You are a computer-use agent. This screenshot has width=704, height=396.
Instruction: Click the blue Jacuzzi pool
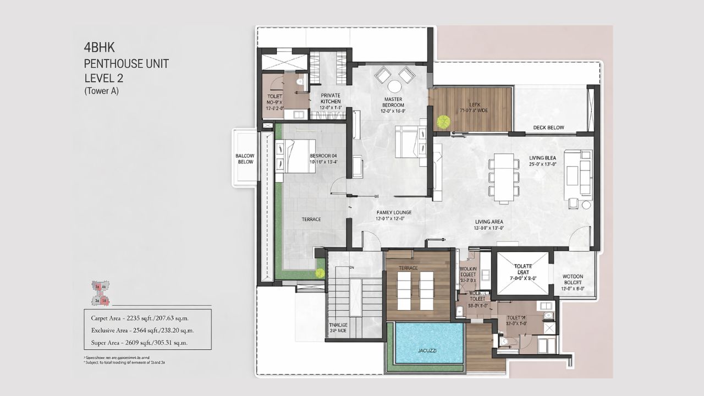coord(430,343)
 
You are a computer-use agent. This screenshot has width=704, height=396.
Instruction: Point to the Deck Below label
coord(548,128)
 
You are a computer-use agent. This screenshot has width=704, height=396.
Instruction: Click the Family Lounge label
coord(394,215)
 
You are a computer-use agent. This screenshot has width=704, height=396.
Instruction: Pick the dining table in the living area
coord(504,177)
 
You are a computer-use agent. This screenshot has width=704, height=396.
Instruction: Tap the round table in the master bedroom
coord(395,86)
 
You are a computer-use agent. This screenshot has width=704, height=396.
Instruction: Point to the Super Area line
coord(139,342)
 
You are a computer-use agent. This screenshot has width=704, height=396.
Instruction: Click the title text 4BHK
coord(100,48)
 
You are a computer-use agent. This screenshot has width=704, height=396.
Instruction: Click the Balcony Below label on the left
coord(245,159)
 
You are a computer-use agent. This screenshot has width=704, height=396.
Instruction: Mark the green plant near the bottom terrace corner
coord(320,273)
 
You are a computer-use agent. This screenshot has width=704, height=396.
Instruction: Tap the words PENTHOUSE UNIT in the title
coord(126,63)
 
